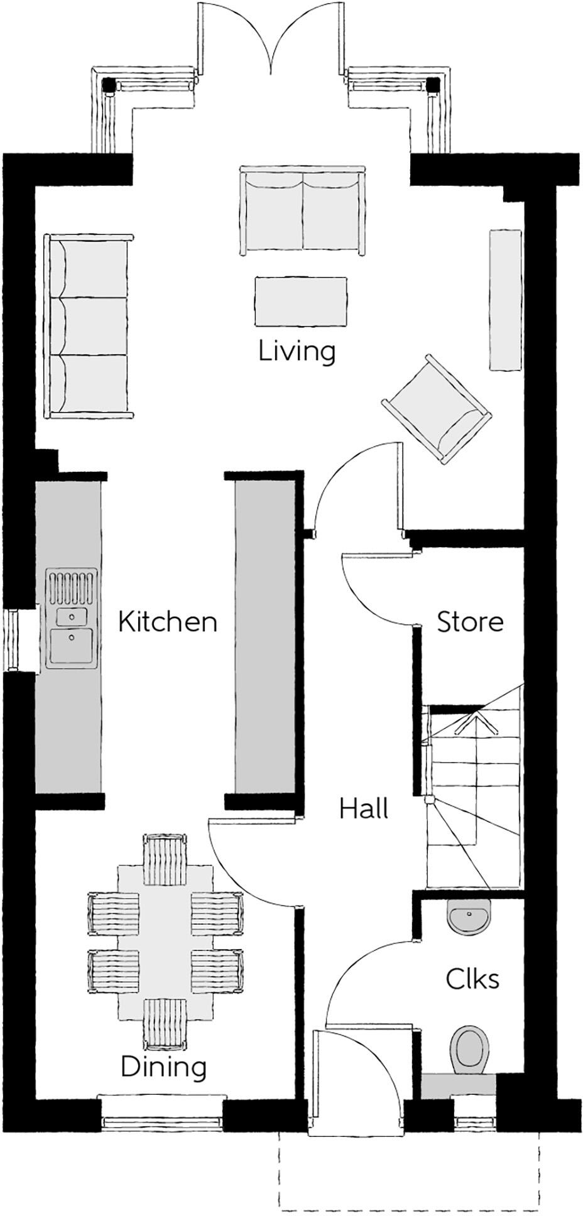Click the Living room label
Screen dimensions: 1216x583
coord(297,352)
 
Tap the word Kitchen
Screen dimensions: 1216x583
coord(168,622)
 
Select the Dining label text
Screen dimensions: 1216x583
coord(163,1067)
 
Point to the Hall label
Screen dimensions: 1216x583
coord(364,808)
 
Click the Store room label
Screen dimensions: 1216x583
coord(470,622)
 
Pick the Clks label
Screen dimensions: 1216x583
coord(472,979)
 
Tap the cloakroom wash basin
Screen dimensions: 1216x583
coord(469,918)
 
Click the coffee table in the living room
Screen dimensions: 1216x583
coord(301,302)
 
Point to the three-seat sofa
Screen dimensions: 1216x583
coord(88,327)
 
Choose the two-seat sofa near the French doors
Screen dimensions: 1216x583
coord(302,212)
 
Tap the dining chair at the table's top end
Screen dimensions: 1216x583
coord(165,859)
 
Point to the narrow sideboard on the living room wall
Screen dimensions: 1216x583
coord(505,300)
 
